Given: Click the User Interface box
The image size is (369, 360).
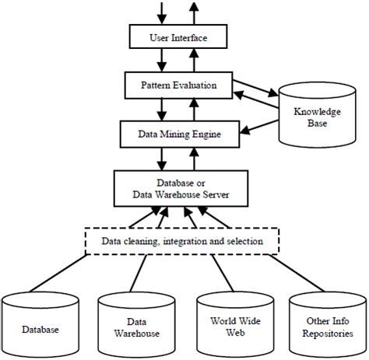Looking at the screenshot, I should [177, 36].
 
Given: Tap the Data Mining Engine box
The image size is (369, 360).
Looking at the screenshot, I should [177, 134].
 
